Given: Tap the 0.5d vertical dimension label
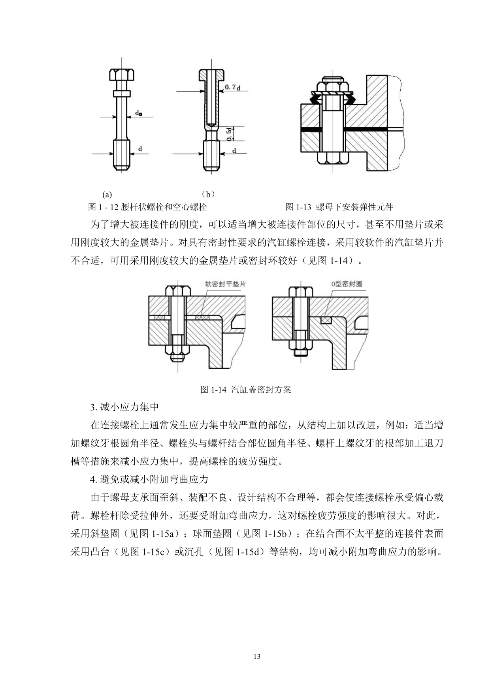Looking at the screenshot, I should [230, 134].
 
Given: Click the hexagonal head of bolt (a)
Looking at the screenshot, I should [122, 75].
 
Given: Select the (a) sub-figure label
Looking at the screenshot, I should [107, 194].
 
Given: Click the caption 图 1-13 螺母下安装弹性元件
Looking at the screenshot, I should [339, 207].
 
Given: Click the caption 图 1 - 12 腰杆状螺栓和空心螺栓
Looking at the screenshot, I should [147, 207].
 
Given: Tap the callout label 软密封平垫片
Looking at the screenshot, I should [225, 284].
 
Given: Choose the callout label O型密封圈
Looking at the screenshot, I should [347, 284].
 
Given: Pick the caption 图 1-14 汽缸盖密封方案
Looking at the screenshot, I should [245, 390].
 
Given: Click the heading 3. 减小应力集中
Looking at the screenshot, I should [124, 407].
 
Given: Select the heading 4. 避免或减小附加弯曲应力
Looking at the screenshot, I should [149, 479].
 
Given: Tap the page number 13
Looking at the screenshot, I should [257, 656].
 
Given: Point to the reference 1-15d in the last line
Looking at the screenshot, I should [250, 551].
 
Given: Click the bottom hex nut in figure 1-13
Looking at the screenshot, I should [332, 158].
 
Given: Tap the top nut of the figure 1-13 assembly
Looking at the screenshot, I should [332, 84].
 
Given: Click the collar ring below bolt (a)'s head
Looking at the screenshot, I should [122, 94].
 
